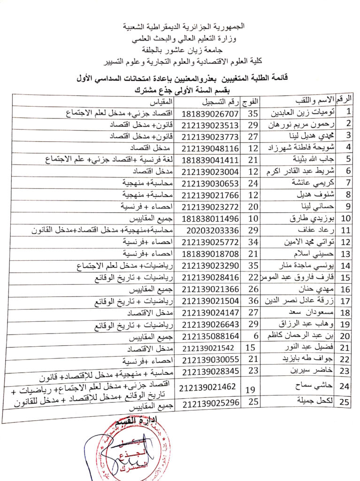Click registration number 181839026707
pyautogui.click(x=213, y=113)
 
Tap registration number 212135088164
pyautogui.click(x=214, y=336)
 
